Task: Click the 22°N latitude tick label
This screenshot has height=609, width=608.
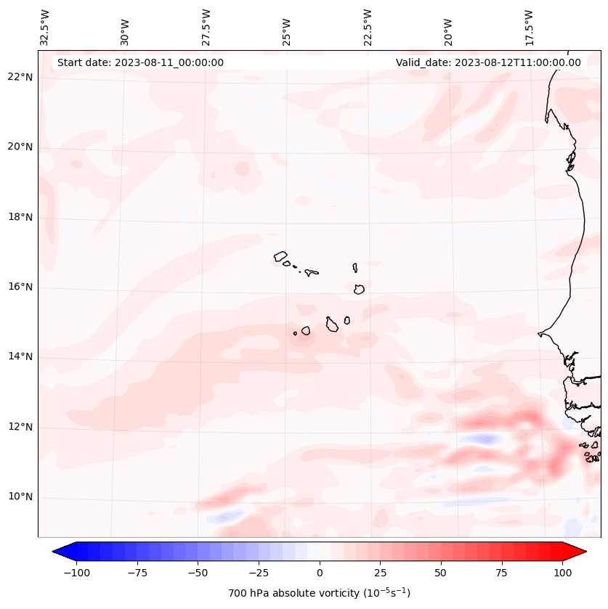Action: pos(19,78)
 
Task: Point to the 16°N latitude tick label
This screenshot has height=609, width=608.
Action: pos(19,287)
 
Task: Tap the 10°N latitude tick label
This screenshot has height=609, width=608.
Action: pos(19,497)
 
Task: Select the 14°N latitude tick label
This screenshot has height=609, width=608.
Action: pos(19,356)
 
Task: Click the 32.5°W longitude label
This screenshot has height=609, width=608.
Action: pos(45,28)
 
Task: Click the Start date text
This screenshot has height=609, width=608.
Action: pos(140,62)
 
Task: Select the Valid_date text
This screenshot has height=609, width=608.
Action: pos(488,62)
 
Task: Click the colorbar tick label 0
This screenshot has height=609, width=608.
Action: pos(319,573)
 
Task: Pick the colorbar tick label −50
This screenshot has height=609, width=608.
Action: pos(197,573)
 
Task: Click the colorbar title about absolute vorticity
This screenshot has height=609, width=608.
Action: pos(319,593)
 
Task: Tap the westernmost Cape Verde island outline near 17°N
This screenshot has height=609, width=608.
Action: pos(280,256)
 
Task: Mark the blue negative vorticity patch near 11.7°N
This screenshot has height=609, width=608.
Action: pos(482,438)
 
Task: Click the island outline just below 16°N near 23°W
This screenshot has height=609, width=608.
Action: pos(359,289)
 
